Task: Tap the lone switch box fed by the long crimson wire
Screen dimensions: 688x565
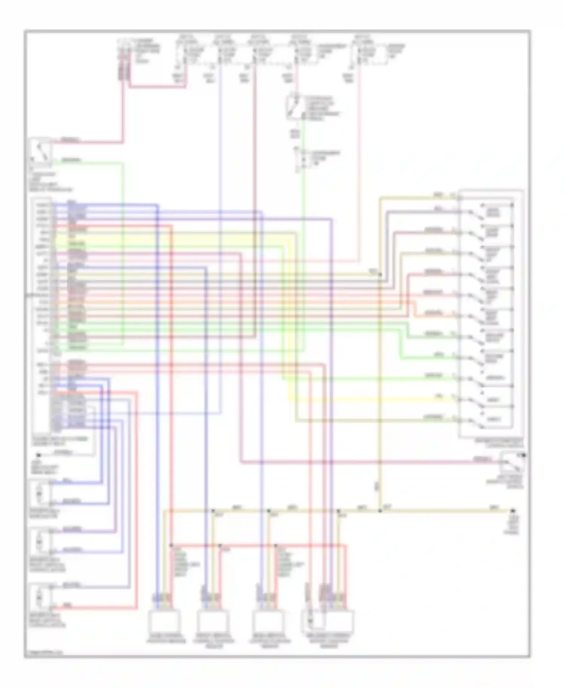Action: point(511,462)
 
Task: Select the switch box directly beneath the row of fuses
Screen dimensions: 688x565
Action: point(295,107)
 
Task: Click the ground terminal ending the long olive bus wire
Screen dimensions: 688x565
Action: point(513,511)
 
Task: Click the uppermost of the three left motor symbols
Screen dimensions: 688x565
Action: point(40,492)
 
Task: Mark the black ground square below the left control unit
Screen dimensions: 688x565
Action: point(38,455)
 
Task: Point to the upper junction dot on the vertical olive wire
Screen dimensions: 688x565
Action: point(380,275)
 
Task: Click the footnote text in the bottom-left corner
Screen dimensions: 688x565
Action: point(44,652)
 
